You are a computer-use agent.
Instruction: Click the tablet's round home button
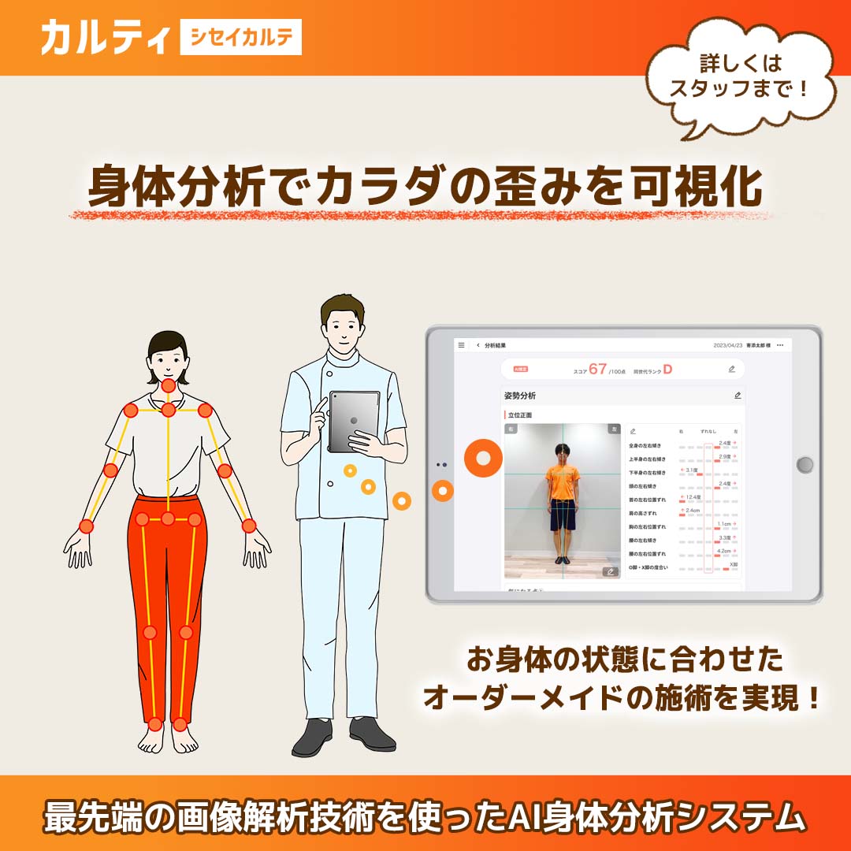pos(805,464)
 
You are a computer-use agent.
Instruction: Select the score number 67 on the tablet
pos(597,369)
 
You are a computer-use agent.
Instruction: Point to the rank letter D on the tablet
pos(667,369)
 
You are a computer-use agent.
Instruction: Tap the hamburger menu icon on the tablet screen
pos(462,345)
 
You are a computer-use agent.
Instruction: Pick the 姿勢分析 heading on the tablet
pos(520,396)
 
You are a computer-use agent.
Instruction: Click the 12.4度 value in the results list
pos(693,497)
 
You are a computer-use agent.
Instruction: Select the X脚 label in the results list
pos(733,564)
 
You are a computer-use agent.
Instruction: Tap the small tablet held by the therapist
pos(354,422)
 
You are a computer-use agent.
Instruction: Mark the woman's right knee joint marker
pos(151,632)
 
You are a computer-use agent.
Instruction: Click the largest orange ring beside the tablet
pos(483,458)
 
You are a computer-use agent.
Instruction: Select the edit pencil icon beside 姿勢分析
pos(738,396)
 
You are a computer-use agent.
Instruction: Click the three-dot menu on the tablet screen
pos(780,345)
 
